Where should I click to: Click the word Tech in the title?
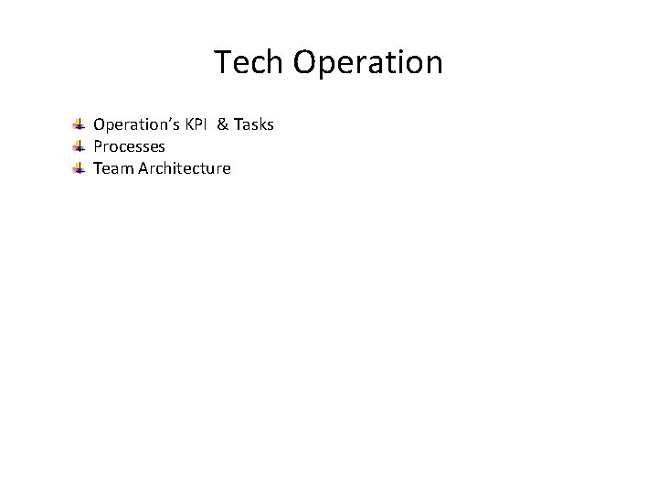click(249, 63)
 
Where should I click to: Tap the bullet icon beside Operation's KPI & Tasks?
click(80, 124)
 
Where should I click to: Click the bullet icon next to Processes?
click(80, 146)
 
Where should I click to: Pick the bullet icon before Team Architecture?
click(80, 168)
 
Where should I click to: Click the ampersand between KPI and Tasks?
click(222, 124)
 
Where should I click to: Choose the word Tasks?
click(254, 124)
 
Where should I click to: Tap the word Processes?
click(129, 146)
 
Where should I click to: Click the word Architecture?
click(185, 168)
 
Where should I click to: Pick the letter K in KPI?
click(189, 124)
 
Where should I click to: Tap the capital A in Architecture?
click(143, 168)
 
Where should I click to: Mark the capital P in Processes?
click(98, 146)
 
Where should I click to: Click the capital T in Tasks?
click(238, 124)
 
